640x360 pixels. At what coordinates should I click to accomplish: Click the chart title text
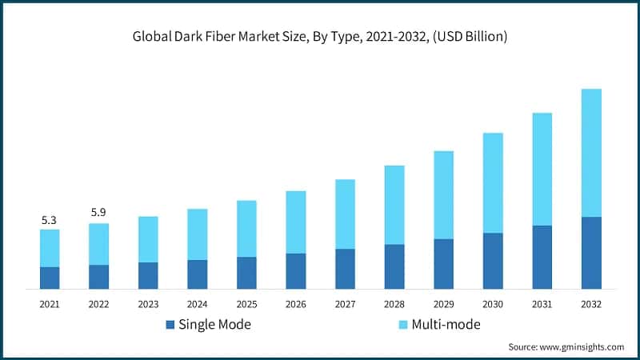pos(320,37)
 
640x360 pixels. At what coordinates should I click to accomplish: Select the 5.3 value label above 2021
pos(50,219)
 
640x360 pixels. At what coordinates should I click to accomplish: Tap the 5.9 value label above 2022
pos(98,212)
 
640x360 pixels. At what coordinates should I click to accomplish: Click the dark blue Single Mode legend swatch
pos(170,324)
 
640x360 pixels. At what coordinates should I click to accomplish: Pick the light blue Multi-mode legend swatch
pos(403,324)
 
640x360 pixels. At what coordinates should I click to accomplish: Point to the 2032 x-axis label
pos(591,304)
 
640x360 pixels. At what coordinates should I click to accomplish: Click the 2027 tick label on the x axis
pos(345,304)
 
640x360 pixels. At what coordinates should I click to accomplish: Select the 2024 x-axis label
pos(197,304)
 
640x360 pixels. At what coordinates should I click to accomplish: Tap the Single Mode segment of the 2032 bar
pos(591,253)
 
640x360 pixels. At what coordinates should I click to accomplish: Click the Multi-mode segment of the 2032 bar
pos(591,153)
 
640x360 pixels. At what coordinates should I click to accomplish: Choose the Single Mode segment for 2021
pos(50,278)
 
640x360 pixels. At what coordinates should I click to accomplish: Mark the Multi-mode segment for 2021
pos(50,248)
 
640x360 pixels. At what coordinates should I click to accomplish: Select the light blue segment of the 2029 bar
pos(443,194)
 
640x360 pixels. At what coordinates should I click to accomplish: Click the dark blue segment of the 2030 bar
pos(493,261)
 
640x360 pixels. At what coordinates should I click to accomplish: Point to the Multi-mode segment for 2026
pos(296,222)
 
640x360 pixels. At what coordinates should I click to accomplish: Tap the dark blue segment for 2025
pos(246,273)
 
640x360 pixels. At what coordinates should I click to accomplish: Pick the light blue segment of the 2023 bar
pos(148,239)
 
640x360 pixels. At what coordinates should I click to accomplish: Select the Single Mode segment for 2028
pos(394,266)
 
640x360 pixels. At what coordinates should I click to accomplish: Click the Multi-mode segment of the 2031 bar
pos(542,169)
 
